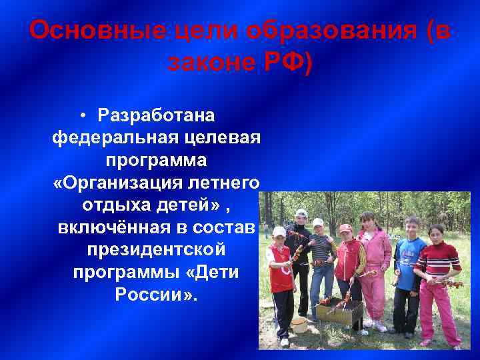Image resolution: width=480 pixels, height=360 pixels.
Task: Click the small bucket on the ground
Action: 299,324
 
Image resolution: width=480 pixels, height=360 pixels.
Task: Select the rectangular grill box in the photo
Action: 340,311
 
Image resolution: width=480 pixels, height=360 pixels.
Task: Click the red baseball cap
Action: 345,229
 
